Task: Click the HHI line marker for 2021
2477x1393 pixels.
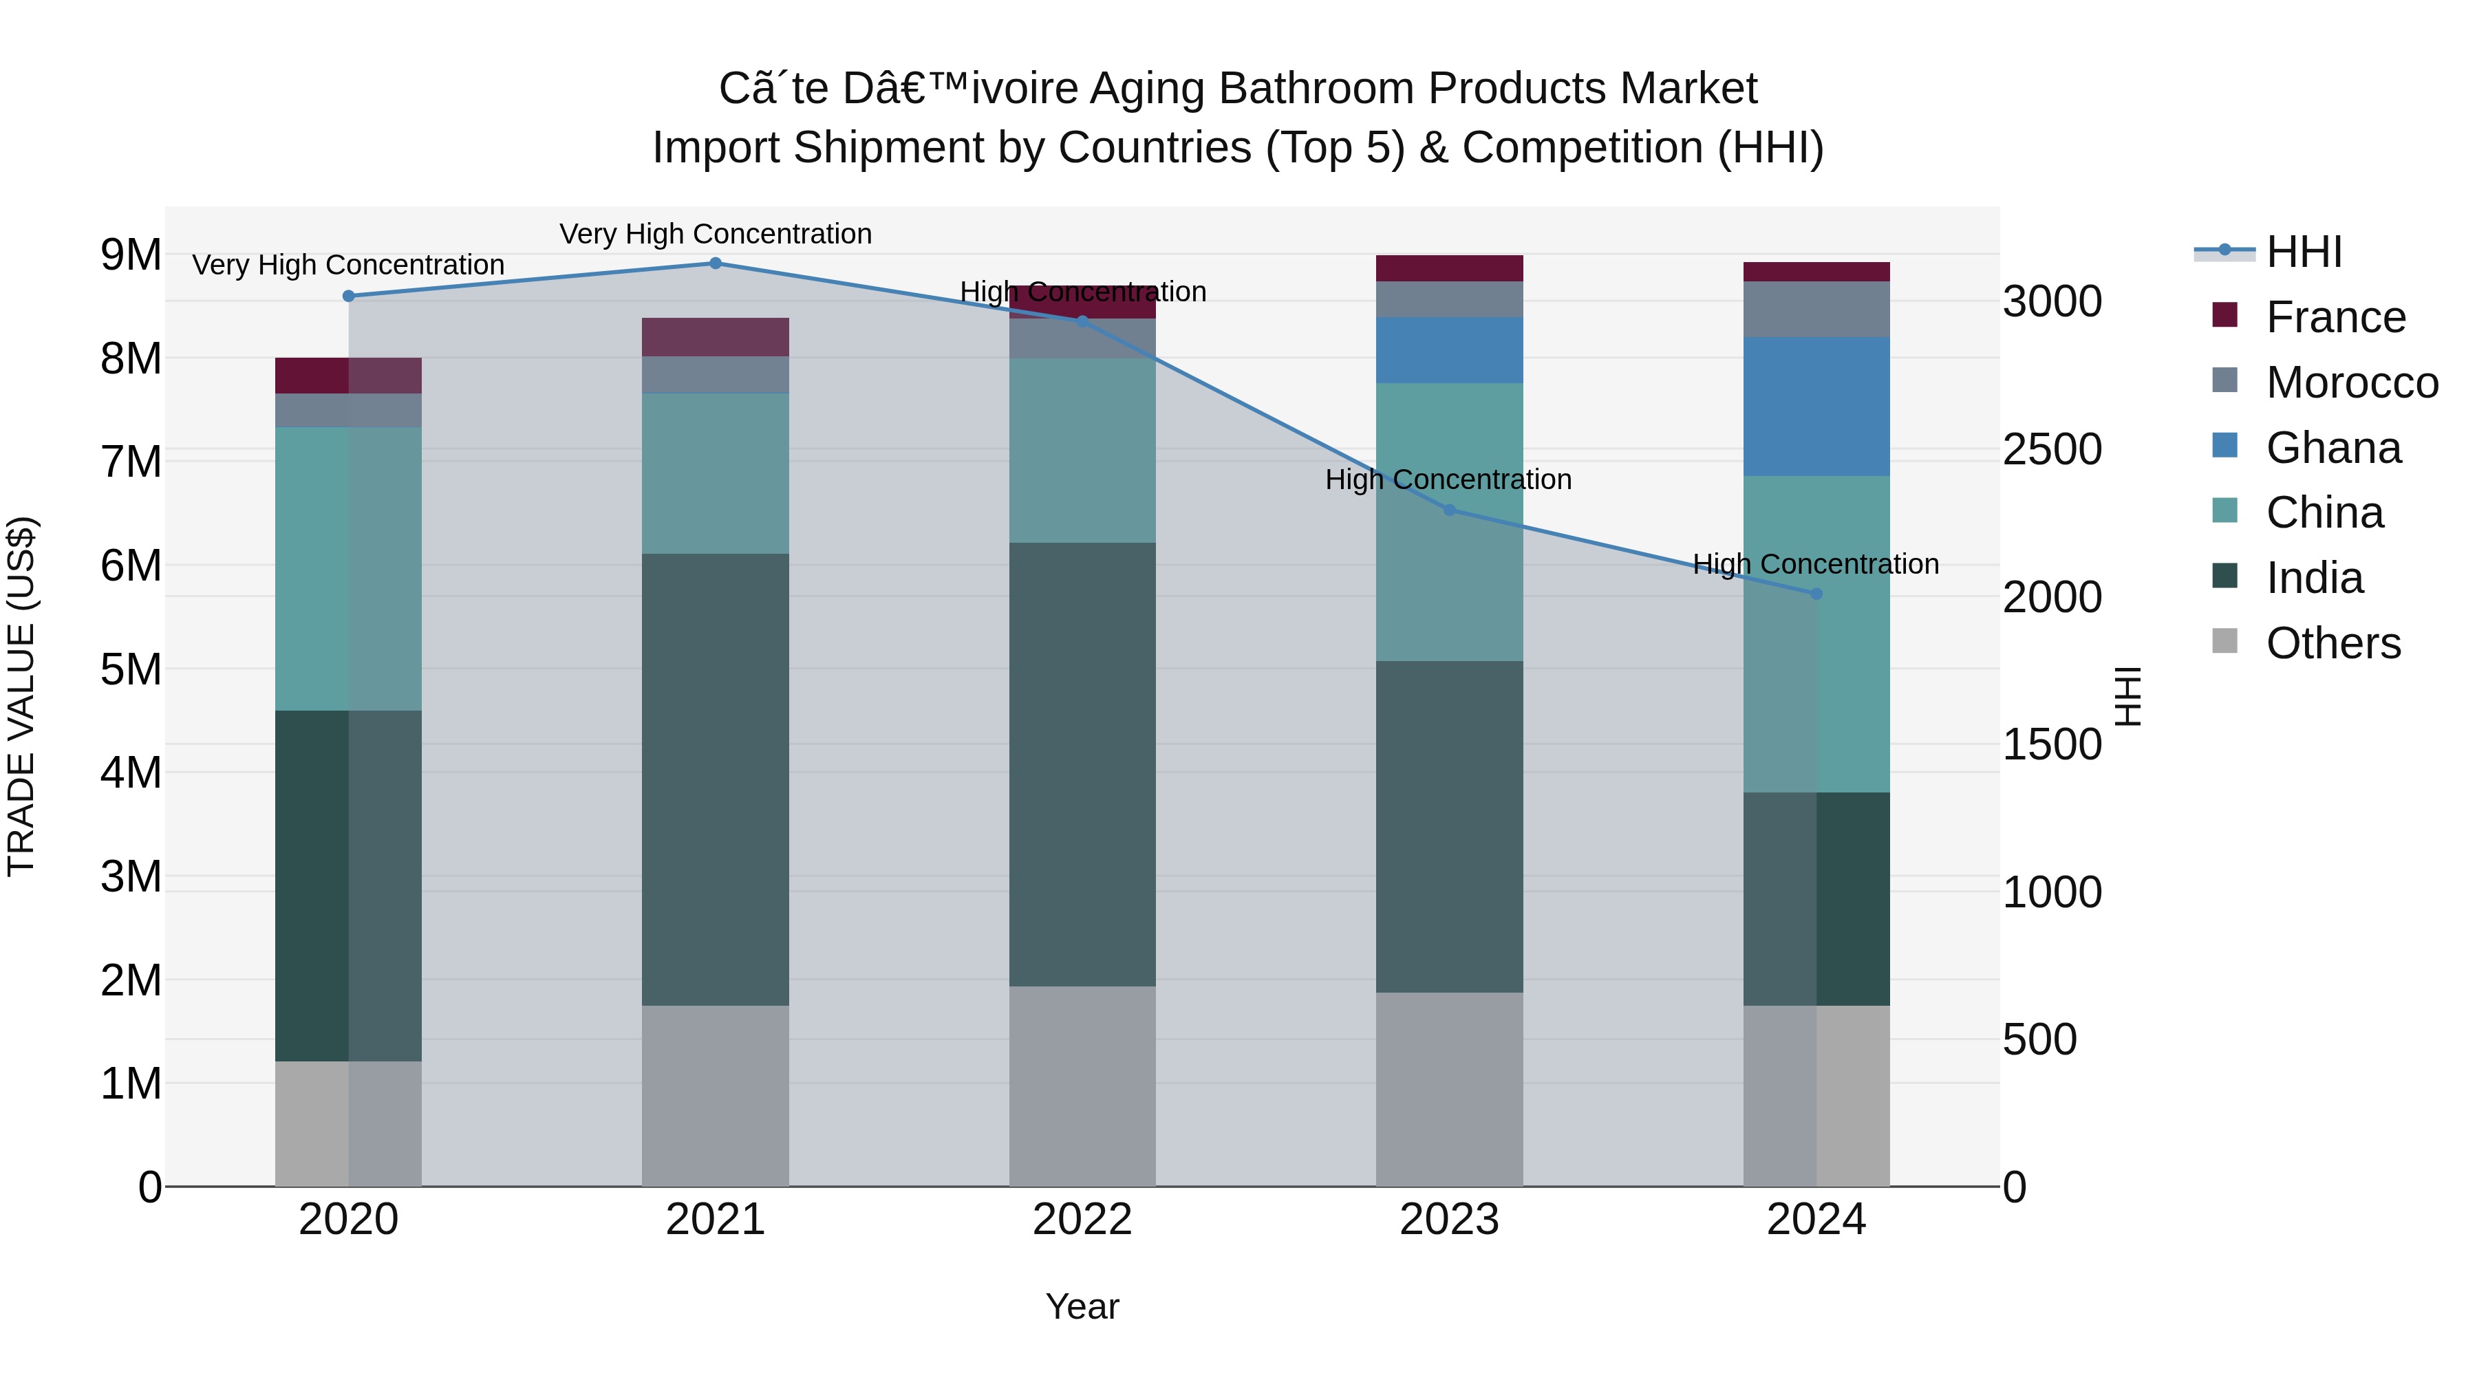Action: [x=716, y=263]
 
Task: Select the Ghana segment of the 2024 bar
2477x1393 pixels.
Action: [x=1816, y=407]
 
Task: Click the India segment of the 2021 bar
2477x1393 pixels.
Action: [x=716, y=779]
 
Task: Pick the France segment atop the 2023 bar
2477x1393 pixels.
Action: [x=1449, y=268]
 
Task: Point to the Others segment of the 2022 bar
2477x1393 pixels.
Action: [x=1082, y=1086]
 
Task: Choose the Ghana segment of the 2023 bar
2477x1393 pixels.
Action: [x=1449, y=350]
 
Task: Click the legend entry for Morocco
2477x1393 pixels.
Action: [x=2351, y=382]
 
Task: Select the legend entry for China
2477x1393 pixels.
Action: [x=2324, y=512]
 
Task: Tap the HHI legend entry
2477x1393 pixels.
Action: [x=2303, y=252]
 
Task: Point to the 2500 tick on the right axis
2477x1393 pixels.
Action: [x=2051, y=449]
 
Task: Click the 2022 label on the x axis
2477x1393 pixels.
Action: [x=1082, y=1220]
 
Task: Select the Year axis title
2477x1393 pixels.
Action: [x=1082, y=1306]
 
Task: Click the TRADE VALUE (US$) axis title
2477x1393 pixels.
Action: [x=21, y=696]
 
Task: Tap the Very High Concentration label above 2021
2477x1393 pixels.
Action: [x=716, y=234]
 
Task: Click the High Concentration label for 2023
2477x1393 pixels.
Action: [x=1448, y=479]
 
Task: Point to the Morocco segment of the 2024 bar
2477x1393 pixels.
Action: [x=1816, y=309]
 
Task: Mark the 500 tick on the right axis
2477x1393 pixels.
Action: [x=2039, y=1039]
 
